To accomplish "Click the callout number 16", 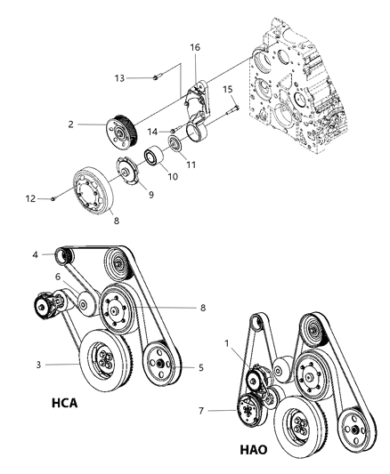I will click(x=196, y=45).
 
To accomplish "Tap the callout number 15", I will click(x=227, y=89).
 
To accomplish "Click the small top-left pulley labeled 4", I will click(x=63, y=258).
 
